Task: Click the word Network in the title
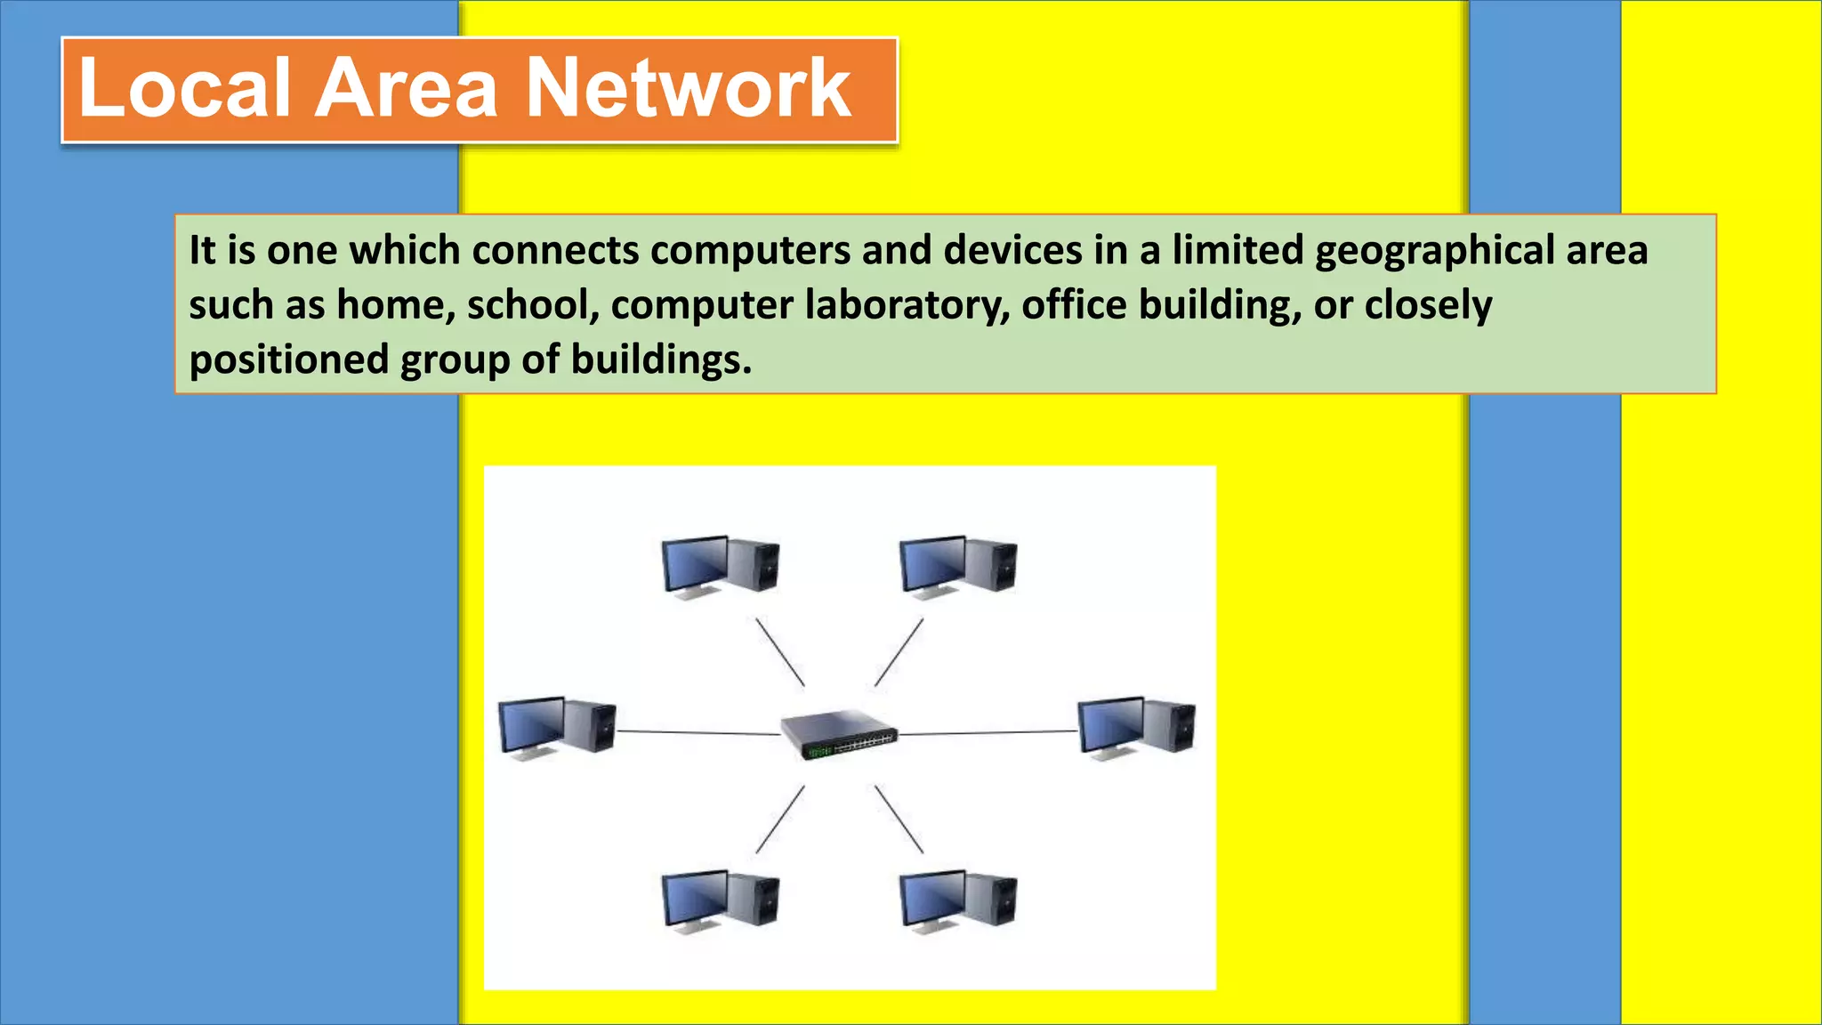click(x=689, y=88)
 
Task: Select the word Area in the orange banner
click(x=407, y=88)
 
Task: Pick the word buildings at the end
click(x=661, y=359)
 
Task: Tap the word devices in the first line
click(x=1012, y=250)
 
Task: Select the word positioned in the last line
click(x=289, y=359)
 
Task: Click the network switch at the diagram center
click(x=839, y=734)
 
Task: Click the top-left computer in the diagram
click(x=721, y=566)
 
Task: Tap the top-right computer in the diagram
click(x=958, y=566)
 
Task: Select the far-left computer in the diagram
click(x=557, y=727)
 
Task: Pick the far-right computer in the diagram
click(x=1136, y=727)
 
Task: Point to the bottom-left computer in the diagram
click(x=721, y=900)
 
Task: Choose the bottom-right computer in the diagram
click(x=958, y=900)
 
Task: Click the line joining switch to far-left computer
click(x=698, y=732)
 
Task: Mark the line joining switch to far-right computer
click(x=988, y=733)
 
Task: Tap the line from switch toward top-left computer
click(x=780, y=652)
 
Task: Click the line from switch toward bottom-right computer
click(x=899, y=819)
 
